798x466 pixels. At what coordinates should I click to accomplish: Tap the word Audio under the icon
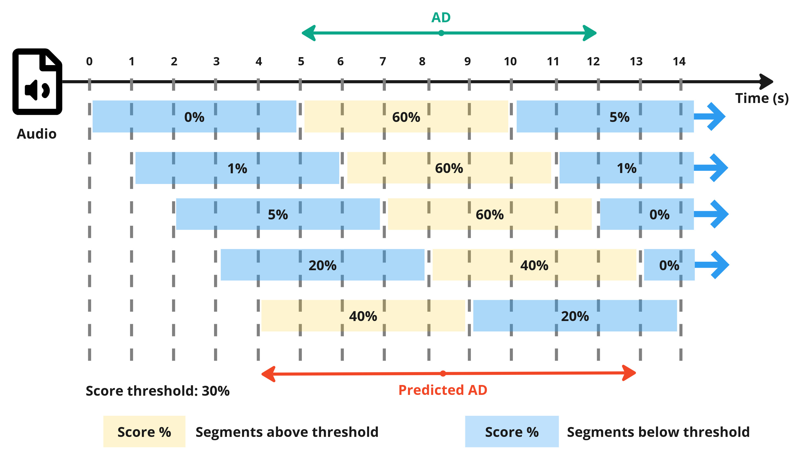tap(36, 134)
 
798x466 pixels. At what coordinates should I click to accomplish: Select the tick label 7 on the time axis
tap(383, 62)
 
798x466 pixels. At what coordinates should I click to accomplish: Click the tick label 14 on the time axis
tap(679, 62)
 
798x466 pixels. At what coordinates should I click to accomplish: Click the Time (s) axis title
tap(761, 98)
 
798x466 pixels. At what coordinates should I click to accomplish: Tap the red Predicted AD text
tap(442, 390)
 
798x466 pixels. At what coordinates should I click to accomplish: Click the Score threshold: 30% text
tap(158, 391)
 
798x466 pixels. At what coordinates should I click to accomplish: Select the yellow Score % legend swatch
tap(144, 431)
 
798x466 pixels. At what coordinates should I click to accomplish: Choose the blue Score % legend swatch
tap(512, 431)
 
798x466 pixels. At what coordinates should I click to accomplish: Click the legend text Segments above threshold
tap(287, 432)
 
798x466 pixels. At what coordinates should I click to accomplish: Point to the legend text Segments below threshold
tap(658, 432)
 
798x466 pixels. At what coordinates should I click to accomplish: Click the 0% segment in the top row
tap(194, 117)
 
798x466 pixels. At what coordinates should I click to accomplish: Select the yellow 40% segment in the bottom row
tap(363, 316)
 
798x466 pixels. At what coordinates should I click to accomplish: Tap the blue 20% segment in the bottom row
tap(575, 316)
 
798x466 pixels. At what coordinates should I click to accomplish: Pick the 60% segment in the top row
tap(406, 117)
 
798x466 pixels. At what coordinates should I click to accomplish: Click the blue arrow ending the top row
tap(711, 117)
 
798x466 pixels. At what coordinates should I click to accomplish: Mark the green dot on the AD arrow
tap(441, 33)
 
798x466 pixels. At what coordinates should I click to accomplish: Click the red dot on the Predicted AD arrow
tap(443, 374)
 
